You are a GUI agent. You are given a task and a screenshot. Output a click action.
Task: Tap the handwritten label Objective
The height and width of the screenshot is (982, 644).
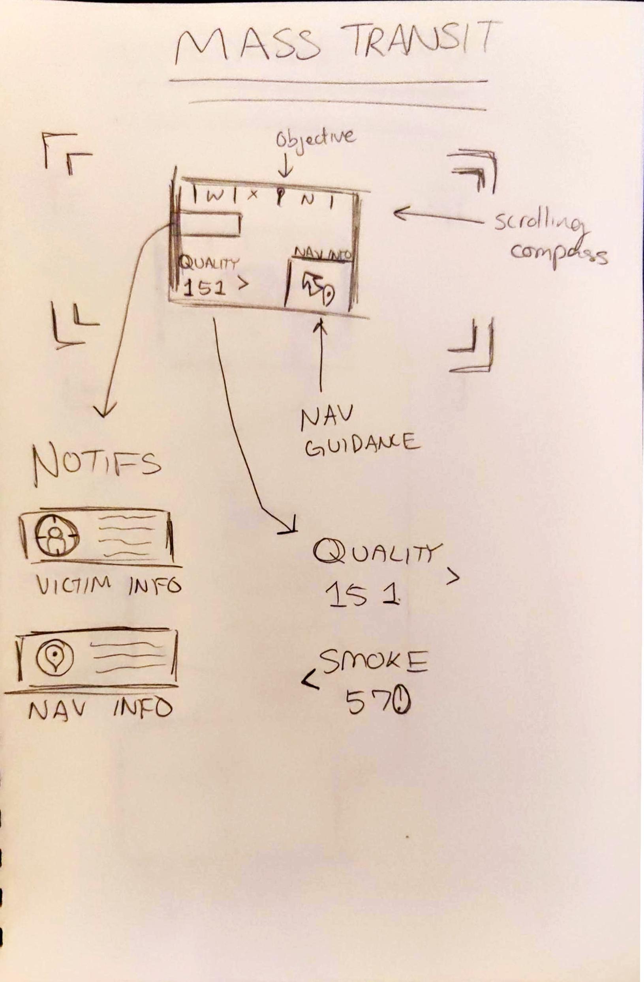tap(315, 140)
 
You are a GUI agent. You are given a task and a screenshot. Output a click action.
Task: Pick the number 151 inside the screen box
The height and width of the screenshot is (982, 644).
tap(205, 288)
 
